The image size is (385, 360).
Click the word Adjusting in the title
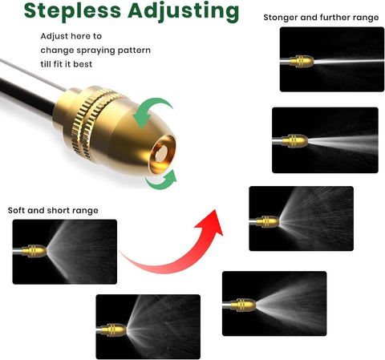click(184, 12)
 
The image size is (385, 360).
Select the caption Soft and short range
click(53, 210)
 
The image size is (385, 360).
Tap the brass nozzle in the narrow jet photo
click(302, 62)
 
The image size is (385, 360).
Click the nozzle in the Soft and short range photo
click(34, 251)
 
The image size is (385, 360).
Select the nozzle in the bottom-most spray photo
click(114, 330)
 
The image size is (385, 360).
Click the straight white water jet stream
click(349, 61)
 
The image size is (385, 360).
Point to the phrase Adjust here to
click(71, 36)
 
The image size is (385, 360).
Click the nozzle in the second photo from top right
click(294, 141)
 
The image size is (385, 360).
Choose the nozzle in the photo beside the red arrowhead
click(268, 221)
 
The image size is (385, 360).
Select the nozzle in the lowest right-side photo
click(243, 305)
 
